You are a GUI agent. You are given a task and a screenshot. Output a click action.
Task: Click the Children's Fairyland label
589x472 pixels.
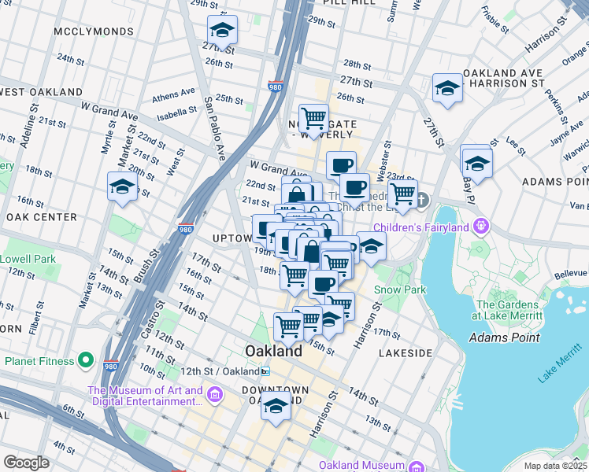tap(420, 228)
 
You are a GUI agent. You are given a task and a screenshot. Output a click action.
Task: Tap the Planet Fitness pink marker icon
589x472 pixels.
tap(87, 362)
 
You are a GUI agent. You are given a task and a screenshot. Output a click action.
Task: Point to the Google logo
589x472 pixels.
tap(26, 463)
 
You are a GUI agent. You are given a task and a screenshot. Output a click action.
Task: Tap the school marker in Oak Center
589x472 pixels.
tap(123, 186)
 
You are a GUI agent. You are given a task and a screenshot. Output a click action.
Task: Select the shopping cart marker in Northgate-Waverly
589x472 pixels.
tap(313, 118)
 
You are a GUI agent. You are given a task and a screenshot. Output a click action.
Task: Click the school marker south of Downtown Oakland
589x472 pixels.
tap(276, 406)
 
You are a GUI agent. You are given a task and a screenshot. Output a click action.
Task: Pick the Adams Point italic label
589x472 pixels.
tap(504, 338)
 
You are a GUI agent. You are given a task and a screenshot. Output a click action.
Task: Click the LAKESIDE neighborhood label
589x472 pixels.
tap(406, 354)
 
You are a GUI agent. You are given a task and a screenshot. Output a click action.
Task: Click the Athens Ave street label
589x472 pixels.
tap(174, 96)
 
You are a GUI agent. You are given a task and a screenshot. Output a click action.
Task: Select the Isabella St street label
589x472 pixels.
tap(176, 112)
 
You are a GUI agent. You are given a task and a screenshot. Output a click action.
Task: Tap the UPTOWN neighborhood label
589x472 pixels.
tap(232, 238)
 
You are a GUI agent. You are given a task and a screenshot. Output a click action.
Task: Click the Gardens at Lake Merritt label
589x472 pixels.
tap(510, 309)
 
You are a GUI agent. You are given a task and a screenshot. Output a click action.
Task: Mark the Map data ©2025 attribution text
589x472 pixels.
tap(556, 466)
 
